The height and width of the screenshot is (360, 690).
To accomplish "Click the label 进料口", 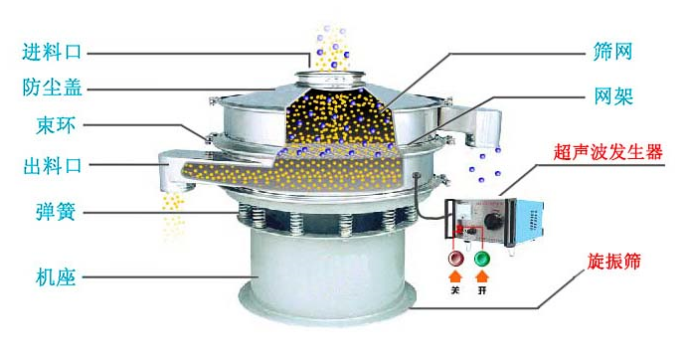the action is pyautogui.click(x=52, y=52).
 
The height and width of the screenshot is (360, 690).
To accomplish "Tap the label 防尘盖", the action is pyautogui.click(x=52, y=88).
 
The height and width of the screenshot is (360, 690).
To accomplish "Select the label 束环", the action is pyautogui.click(x=56, y=125).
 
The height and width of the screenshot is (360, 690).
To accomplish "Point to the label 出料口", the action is pyautogui.click(x=53, y=166).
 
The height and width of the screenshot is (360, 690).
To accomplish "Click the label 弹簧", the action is pyautogui.click(x=56, y=212).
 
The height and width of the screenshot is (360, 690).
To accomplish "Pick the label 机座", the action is pyautogui.click(x=56, y=277).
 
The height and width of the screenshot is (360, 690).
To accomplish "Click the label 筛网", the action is pyautogui.click(x=613, y=52).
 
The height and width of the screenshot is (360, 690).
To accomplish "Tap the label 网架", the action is pyautogui.click(x=613, y=95).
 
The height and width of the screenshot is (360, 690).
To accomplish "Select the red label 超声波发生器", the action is pyautogui.click(x=608, y=152).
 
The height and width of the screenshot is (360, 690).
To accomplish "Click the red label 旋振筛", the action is pyautogui.click(x=613, y=262).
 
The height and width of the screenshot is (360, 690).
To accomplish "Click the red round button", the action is pyautogui.click(x=455, y=258).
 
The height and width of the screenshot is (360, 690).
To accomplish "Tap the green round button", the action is pyautogui.click(x=482, y=258).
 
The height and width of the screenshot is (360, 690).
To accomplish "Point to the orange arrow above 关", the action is pyautogui.click(x=455, y=276).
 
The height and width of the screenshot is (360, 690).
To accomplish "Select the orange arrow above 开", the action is pyautogui.click(x=483, y=276).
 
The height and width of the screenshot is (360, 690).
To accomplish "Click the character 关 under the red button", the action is pyautogui.click(x=455, y=290).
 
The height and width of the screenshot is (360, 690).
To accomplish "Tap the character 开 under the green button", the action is pyautogui.click(x=483, y=290).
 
